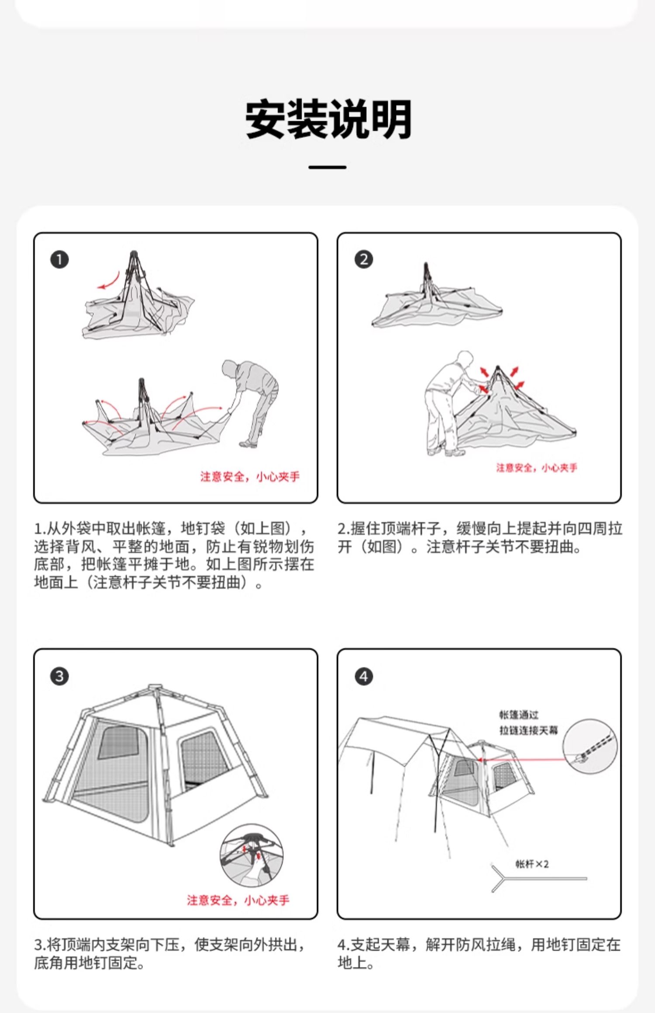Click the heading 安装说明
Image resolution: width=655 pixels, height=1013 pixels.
coord(328,119)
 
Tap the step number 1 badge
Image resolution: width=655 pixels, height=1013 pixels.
coord(59,260)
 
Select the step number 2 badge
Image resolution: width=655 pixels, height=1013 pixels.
coord(364,260)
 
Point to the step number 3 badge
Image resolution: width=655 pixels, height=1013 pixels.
coord(59,676)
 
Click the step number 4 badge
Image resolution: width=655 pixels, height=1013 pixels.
coord(364,676)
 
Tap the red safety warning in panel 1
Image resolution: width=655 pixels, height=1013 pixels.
coord(250,476)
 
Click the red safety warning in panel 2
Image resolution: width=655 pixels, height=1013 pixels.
coord(536,468)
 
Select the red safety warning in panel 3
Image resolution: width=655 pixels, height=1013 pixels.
coord(238,900)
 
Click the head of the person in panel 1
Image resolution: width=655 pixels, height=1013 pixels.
coord(229,368)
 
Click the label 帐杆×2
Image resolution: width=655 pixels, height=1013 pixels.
coord(532,864)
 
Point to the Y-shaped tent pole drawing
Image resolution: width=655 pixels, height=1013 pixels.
coord(537,878)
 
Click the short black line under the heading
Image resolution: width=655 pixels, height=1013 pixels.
coord(327,167)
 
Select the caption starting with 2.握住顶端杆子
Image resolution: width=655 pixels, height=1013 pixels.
coord(479,537)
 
